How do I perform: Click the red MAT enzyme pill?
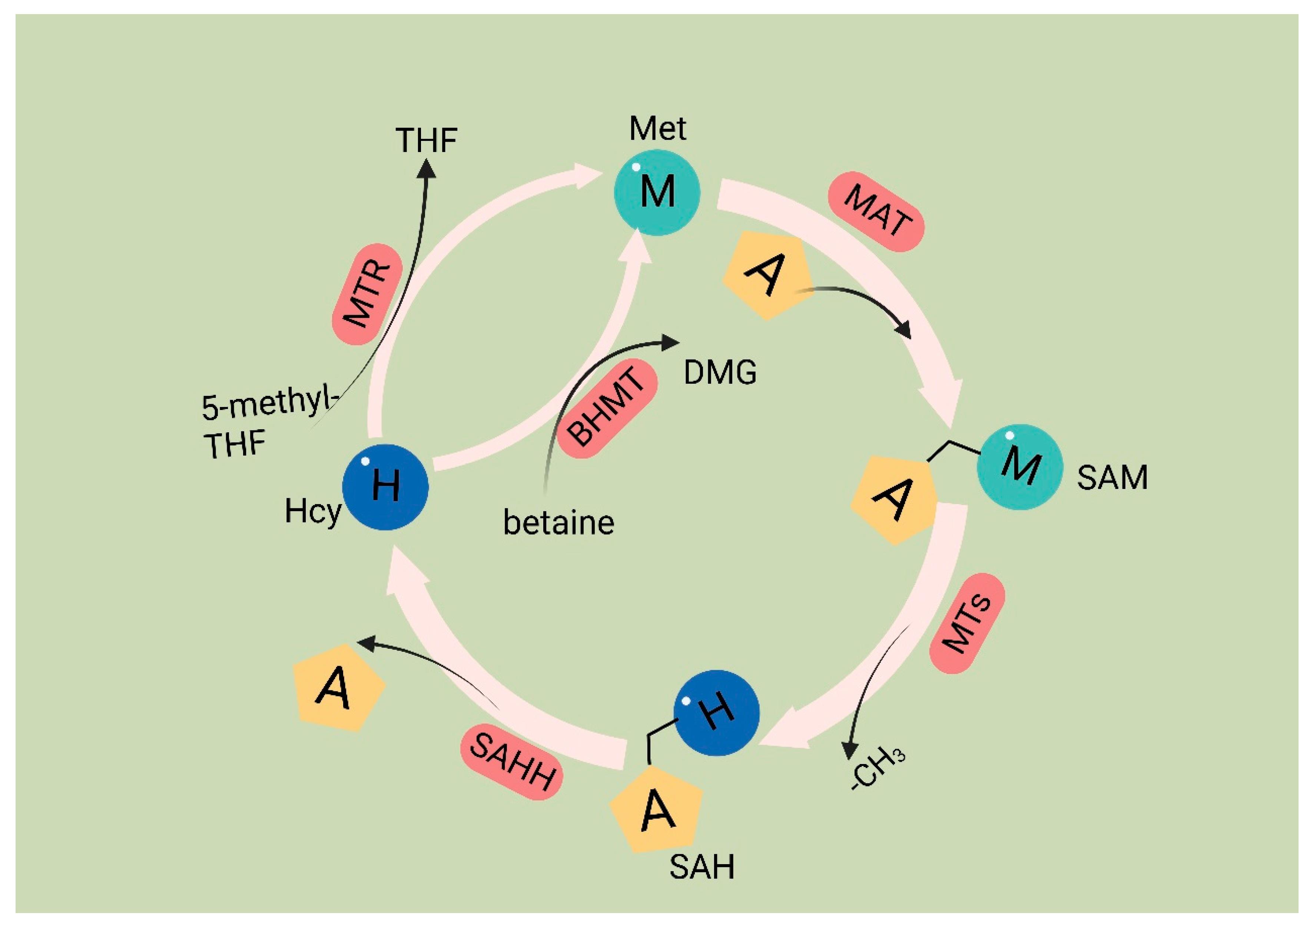[x=876, y=212]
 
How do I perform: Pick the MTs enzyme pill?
[x=967, y=624]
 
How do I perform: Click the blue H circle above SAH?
[x=717, y=712]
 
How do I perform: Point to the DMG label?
[x=720, y=373]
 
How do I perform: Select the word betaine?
[x=559, y=523]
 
